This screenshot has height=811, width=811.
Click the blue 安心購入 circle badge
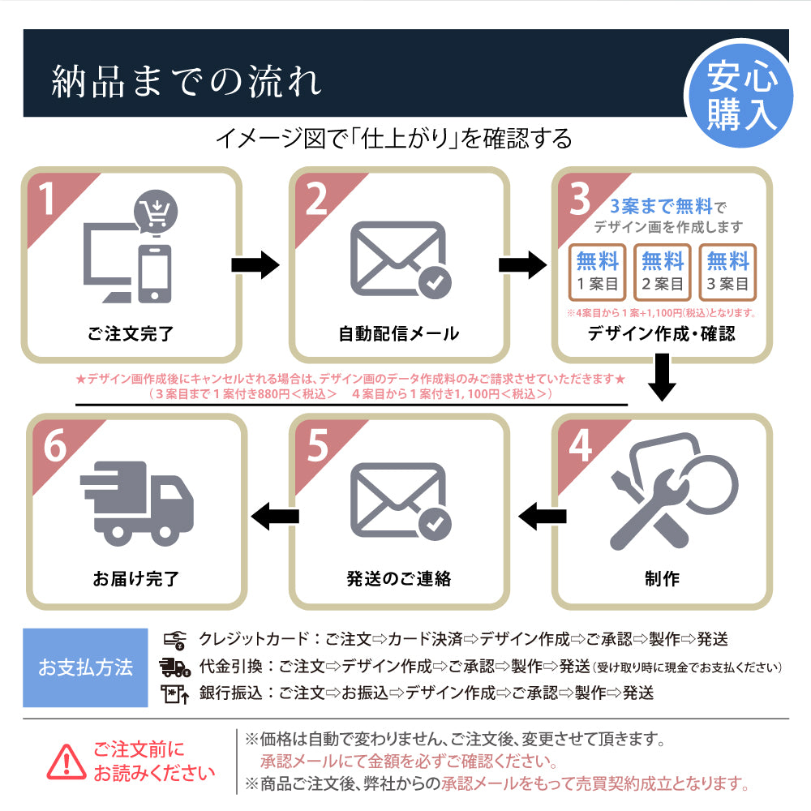(740, 97)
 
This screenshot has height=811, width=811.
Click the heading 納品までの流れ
(187, 82)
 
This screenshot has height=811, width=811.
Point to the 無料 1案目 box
(598, 272)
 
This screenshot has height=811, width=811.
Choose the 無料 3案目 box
(727, 272)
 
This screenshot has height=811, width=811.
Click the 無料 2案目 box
(663, 272)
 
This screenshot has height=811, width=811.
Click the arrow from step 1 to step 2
(255, 265)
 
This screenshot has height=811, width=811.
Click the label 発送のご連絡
(398, 578)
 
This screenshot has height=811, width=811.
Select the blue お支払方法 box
(85, 667)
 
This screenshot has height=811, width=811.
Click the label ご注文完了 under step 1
(131, 333)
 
